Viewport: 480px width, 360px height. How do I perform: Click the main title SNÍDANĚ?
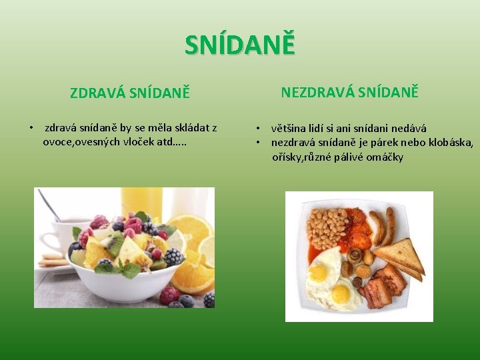[x=239, y=45]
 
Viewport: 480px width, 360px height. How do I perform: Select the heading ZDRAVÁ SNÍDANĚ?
[x=130, y=93]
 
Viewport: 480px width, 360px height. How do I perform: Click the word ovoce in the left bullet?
[x=57, y=141]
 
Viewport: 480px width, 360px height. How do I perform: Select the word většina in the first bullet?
[x=291, y=129]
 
